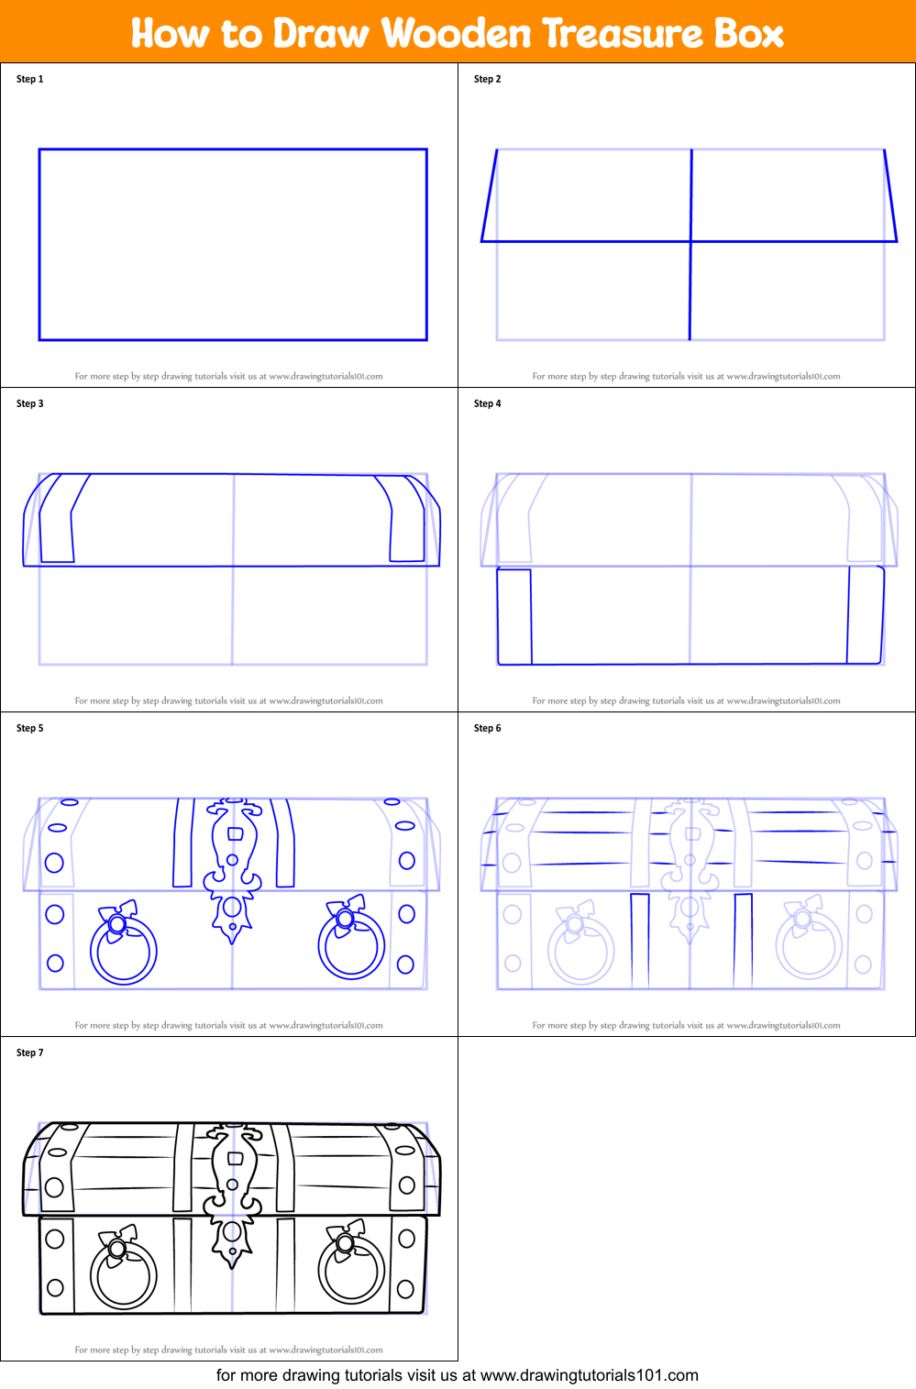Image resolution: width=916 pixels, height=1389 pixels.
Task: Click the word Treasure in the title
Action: (x=623, y=33)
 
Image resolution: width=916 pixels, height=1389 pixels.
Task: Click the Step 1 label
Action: (x=29, y=79)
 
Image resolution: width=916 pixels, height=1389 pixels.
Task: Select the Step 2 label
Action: (x=487, y=79)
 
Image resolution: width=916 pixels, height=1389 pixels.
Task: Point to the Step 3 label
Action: (x=29, y=403)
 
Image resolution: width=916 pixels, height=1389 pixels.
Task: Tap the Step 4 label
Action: (x=487, y=403)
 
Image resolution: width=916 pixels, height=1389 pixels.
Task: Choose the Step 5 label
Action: (x=29, y=728)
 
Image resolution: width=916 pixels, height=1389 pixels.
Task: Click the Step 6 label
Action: (x=487, y=728)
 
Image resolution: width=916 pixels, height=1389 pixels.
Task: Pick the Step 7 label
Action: (x=29, y=1053)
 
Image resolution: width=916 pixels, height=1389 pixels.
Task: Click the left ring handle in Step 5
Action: (x=123, y=950)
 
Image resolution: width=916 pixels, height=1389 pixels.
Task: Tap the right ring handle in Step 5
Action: (x=351, y=944)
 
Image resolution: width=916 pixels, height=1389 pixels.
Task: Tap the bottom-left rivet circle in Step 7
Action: (x=55, y=1287)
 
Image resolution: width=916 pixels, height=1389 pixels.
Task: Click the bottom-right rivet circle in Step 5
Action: (x=405, y=964)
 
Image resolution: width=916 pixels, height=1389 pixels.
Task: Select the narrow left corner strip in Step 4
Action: (x=514, y=616)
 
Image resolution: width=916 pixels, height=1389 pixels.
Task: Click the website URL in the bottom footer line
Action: (x=590, y=1375)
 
